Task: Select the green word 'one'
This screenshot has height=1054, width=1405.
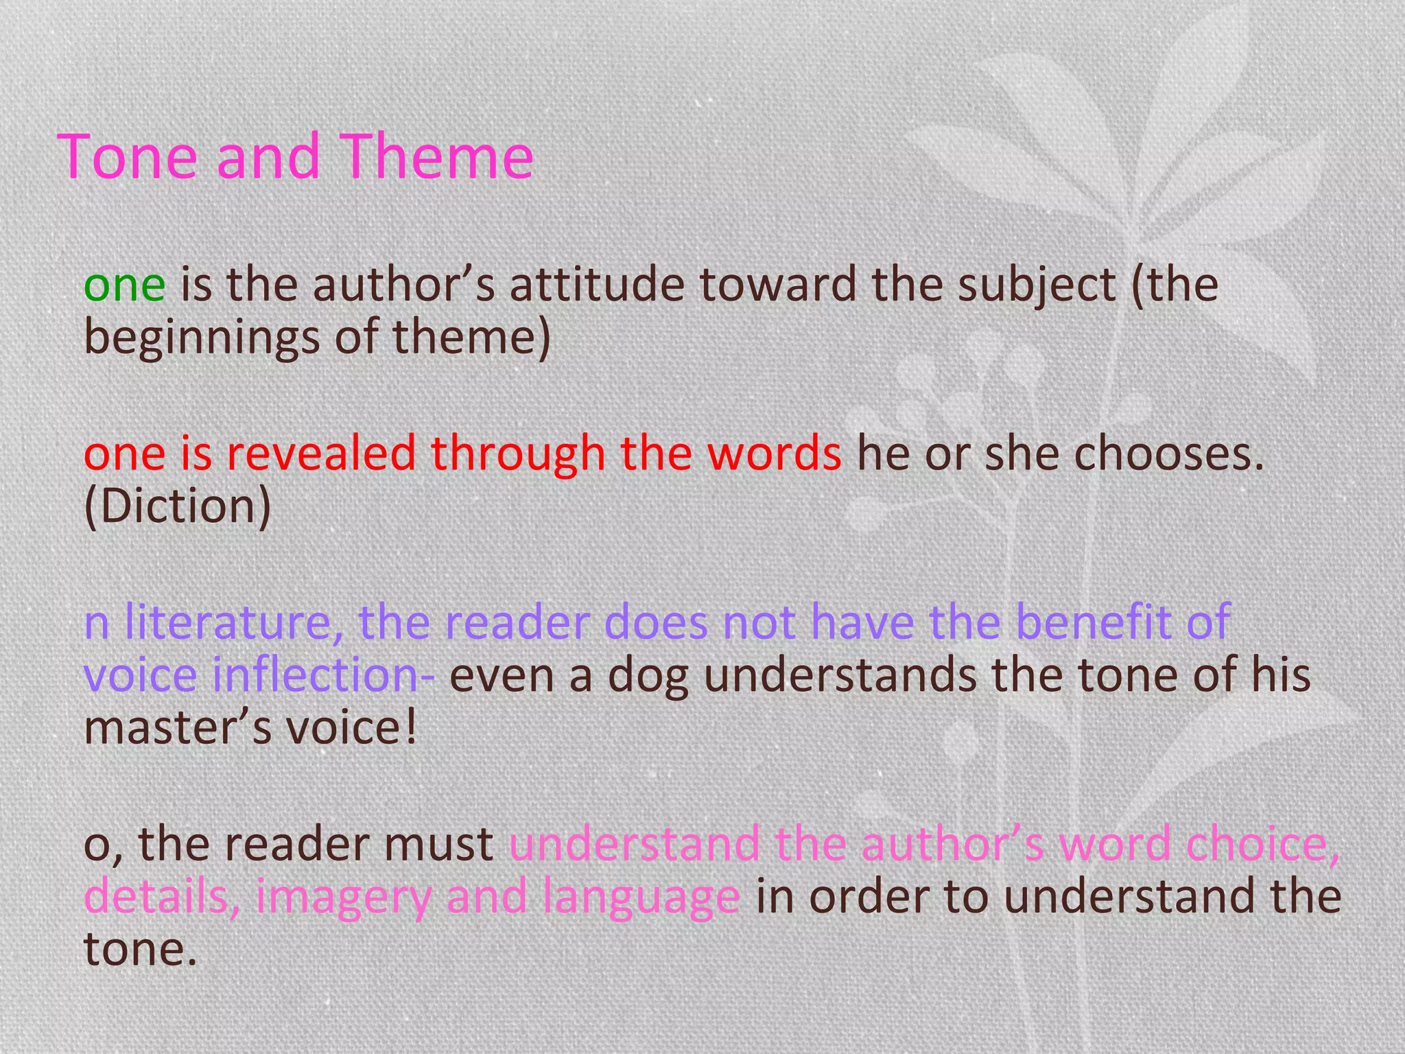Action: click(124, 285)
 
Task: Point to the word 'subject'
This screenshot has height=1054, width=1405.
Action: click(1037, 285)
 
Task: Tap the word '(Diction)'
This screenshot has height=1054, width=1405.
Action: click(178, 506)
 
